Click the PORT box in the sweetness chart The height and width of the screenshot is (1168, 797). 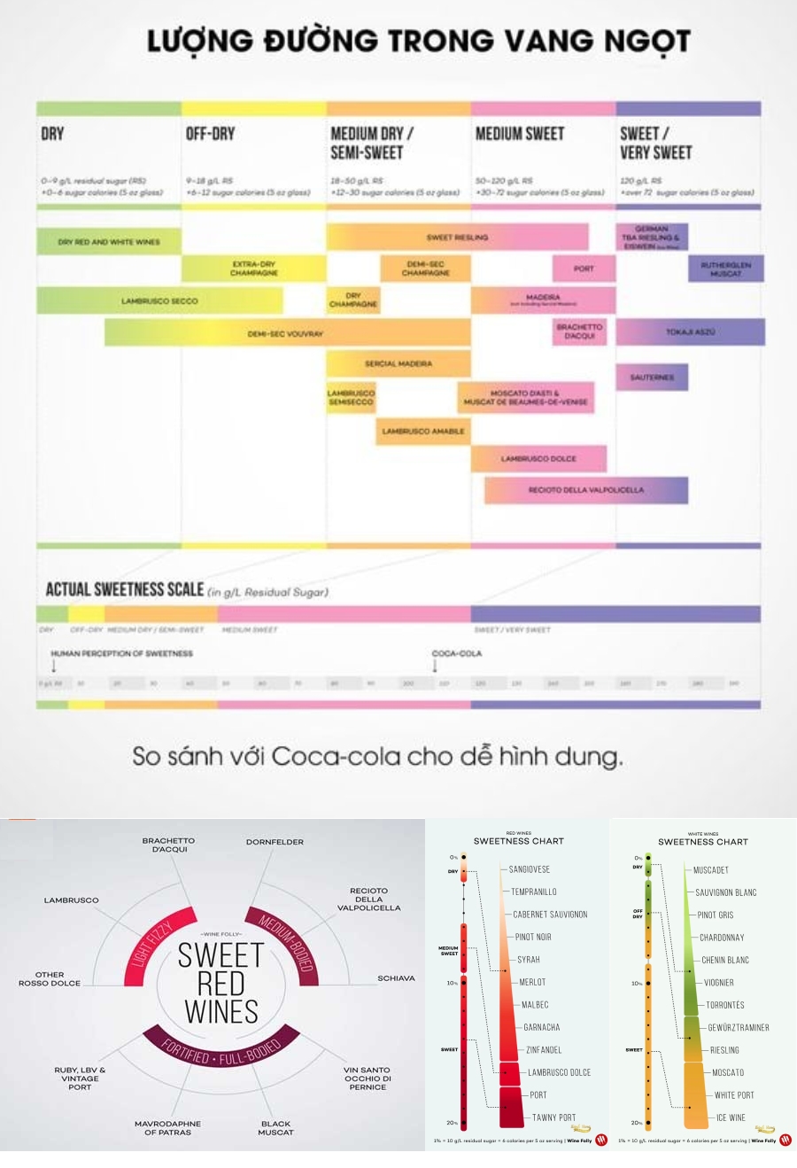pyautogui.click(x=584, y=269)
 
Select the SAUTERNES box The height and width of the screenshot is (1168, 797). pyautogui.click(x=652, y=378)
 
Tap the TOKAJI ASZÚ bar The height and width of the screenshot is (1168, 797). pyautogui.click(x=690, y=332)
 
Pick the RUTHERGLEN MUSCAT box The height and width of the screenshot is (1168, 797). pyautogui.click(x=725, y=269)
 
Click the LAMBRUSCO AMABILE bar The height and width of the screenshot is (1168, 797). pyautogui.click(x=423, y=432)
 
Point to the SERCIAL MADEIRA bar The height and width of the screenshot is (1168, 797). pyautogui.click(x=398, y=363)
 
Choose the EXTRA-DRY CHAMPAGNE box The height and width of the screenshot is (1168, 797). pyautogui.click(x=254, y=269)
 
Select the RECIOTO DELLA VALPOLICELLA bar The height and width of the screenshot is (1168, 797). pyautogui.click(x=586, y=490)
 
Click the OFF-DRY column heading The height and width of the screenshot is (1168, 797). pyautogui.click(x=211, y=134)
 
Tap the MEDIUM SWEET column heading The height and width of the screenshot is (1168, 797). pyautogui.click(x=520, y=134)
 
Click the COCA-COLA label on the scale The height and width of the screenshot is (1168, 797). pyautogui.click(x=457, y=653)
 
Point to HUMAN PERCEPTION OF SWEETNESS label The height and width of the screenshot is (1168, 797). pyautogui.click(x=122, y=653)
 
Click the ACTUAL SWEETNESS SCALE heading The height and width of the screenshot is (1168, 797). pyautogui.click(x=125, y=589)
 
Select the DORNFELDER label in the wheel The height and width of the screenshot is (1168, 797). pyautogui.click(x=275, y=842)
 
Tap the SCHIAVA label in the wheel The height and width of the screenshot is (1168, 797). pyautogui.click(x=396, y=978)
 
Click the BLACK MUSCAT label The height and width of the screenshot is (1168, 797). pyautogui.click(x=275, y=1128)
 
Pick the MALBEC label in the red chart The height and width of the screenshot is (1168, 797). pyautogui.click(x=536, y=1005)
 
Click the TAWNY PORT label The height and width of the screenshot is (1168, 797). pyautogui.click(x=554, y=1117)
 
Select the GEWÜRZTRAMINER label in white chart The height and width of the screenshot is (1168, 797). pyautogui.click(x=739, y=1028)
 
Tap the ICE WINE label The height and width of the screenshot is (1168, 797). pyautogui.click(x=731, y=1117)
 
